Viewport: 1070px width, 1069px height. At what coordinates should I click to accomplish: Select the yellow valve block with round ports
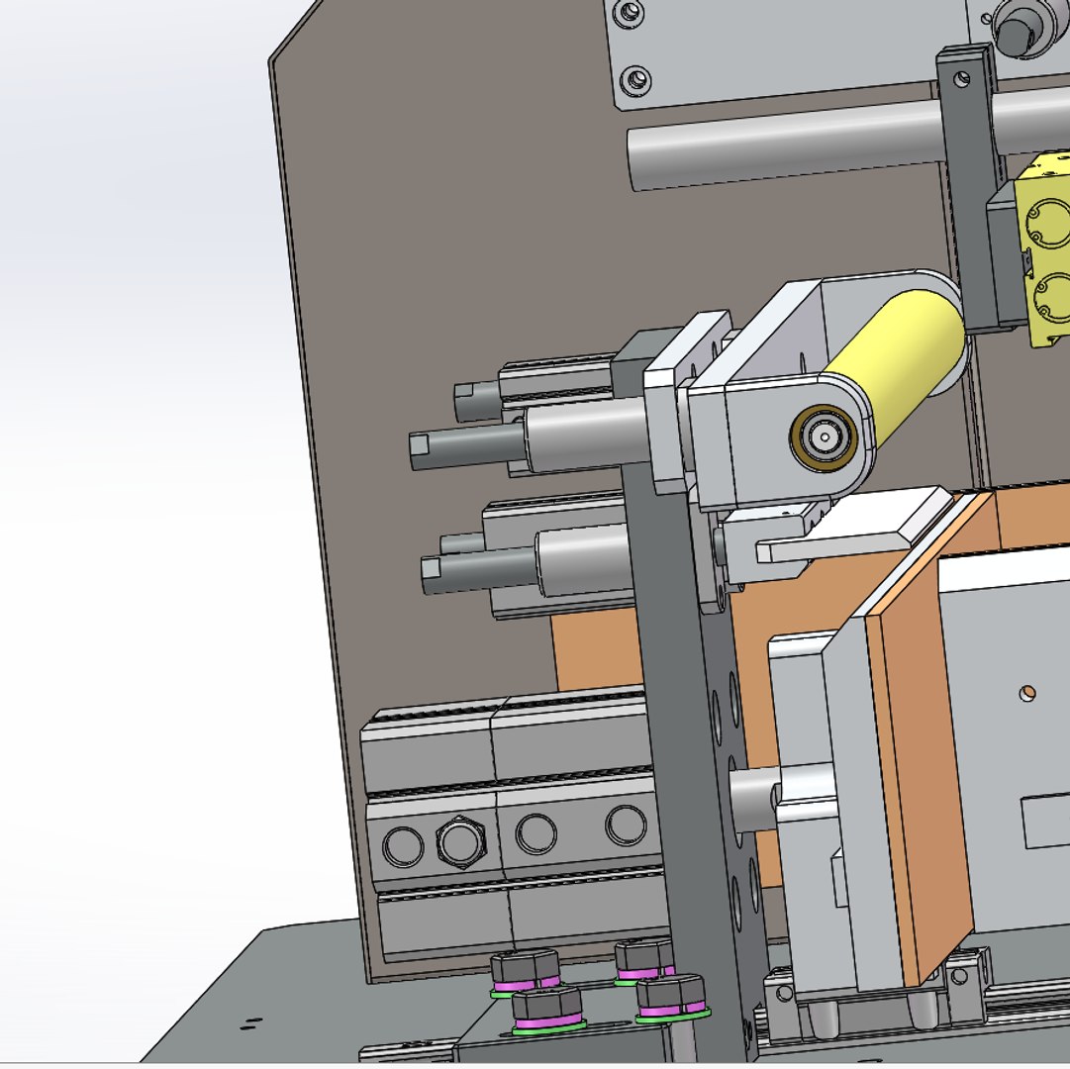coord(1045,247)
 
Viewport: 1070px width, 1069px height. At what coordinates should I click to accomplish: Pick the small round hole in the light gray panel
coord(1028,692)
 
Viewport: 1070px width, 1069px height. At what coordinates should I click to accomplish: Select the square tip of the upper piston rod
coord(420,449)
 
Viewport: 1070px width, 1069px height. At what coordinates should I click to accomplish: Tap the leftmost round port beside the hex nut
coord(402,845)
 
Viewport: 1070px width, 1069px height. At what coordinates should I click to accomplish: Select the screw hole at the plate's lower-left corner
coord(634,77)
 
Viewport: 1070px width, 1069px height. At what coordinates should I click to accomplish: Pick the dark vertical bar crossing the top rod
coord(964,188)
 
